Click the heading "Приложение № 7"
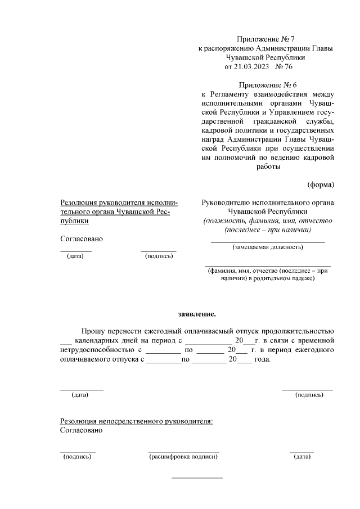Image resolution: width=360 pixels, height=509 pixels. pyautogui.click(x=266, y=39)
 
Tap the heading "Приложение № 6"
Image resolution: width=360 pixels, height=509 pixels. pyautogui.click(x=266, y=84)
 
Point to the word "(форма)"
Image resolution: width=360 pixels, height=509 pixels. pyautogui.click(x=321, y=184)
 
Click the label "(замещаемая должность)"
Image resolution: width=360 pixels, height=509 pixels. pyautogui.click(x=268, y=247)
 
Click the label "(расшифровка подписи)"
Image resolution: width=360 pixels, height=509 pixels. pyautogui.click(x=183, y=457)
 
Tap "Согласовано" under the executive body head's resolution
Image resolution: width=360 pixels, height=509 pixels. pyautogui.click(x=82, y=238)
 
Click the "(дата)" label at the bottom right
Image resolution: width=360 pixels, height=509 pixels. pyautogui.click(x=301, y=457)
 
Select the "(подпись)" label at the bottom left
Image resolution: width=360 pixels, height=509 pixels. pyautogui.click(x=77, y=457)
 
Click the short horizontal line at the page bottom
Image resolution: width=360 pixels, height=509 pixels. pyautogui.click(x=197, y=478)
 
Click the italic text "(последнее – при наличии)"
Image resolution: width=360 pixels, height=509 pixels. pyautogui.click(x=268, y=229)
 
